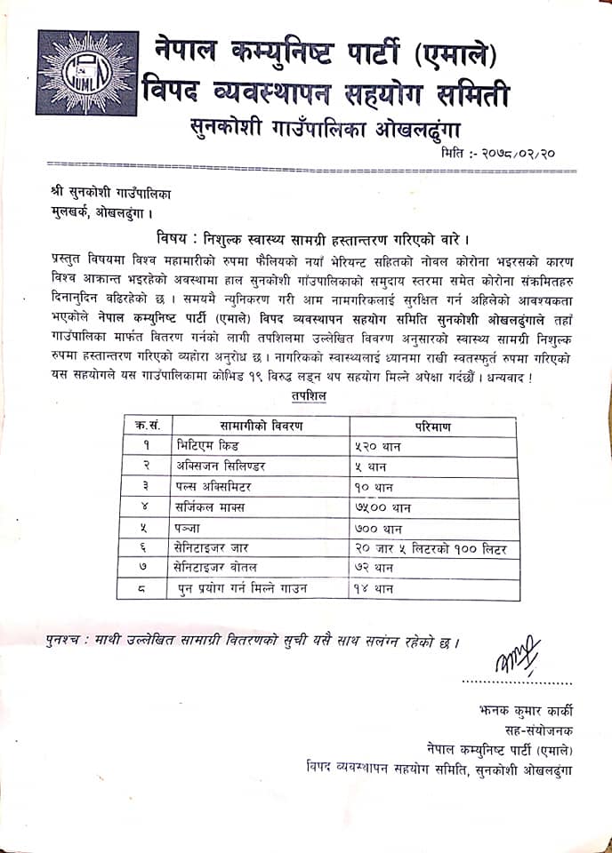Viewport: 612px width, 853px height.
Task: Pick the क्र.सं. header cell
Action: pos(142,426)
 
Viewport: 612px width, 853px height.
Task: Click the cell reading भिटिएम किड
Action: pos(207,446)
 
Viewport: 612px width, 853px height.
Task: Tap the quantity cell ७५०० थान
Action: pos(382,508)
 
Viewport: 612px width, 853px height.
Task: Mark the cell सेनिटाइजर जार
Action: pos(218,550)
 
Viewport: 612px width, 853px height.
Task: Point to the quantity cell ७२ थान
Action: pos(374,570)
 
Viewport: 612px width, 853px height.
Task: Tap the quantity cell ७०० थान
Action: pos(377,529)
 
